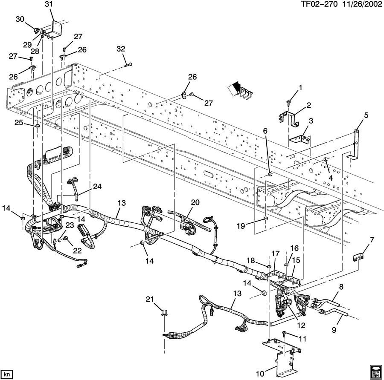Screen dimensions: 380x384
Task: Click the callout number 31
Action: [49, 5]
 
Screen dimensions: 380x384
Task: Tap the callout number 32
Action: [121, 49]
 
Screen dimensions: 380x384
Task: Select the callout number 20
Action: [195, 203]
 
